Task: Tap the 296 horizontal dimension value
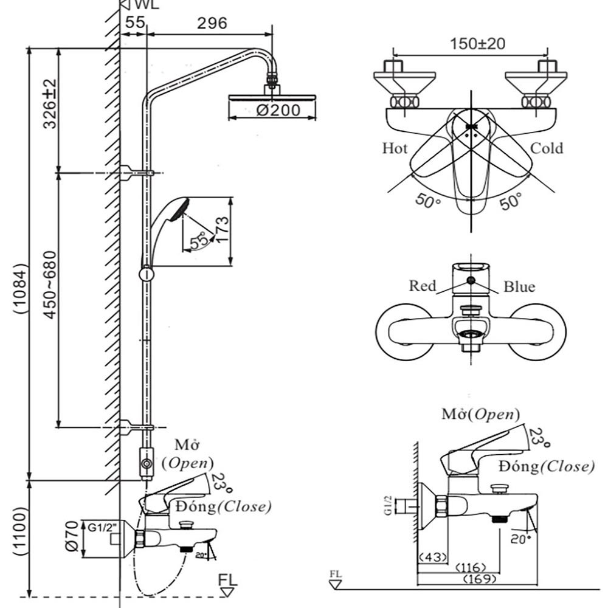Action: [x=212, y=23]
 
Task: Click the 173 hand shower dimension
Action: [x=222, y=232]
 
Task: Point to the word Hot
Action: [x=395, y=148]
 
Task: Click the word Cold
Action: [x=546, y=148]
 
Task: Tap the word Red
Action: [x=422, y=285]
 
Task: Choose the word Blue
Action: [x=519, y=286]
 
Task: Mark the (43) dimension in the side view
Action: [x=432, y=556]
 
